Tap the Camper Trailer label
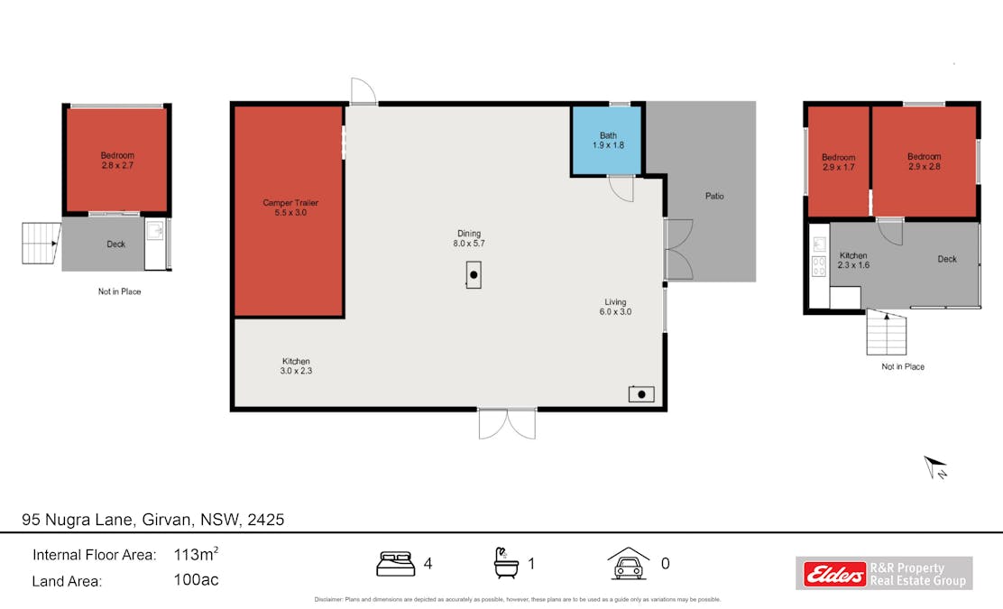[290, 208]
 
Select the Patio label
[714, 196]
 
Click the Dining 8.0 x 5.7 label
[468, 238]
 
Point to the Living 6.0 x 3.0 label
[615, 307]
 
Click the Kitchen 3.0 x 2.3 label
[295, 365]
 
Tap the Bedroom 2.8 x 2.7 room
[116, 161]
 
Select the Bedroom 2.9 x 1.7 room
[838, 162]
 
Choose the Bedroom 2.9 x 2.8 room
[924, 162]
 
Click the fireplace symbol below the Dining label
[474, 274]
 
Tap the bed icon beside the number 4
[395, 564]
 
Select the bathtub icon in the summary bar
[506, 563]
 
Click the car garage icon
[629, 564]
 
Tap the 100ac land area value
[196, 580]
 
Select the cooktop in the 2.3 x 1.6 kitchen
[819, 266]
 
